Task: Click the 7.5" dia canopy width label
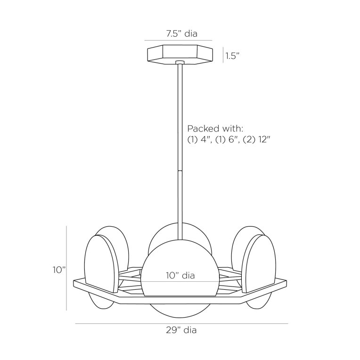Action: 181,34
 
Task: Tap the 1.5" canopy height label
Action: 233,56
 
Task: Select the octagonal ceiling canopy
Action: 180,54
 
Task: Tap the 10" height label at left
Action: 59,270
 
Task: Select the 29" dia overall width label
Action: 181,330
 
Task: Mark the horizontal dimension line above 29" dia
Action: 181,324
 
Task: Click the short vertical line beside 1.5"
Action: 223,55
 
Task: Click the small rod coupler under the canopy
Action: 180,62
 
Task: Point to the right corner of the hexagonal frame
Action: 285,283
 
